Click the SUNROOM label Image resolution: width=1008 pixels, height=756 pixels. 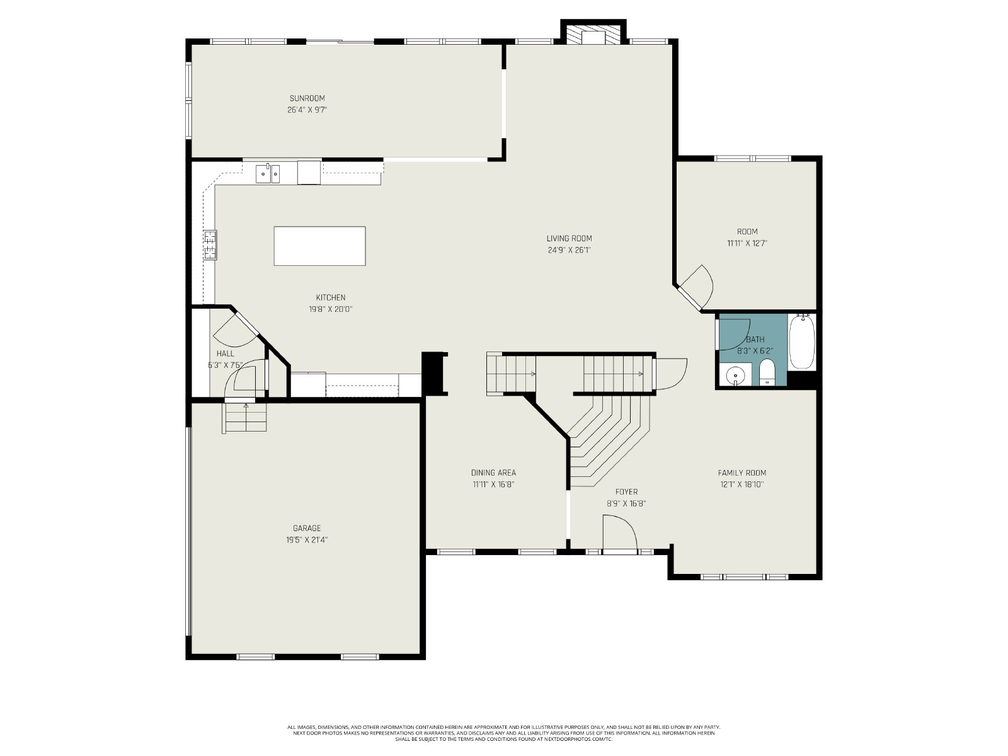tap(307, 98)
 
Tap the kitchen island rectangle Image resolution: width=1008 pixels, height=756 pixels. tap(319, 246)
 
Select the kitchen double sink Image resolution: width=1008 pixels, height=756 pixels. tap(268, 173)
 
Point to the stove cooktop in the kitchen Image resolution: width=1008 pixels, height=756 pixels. tap(210, 244)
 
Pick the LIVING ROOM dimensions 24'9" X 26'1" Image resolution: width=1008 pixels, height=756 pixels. tap(569, 250)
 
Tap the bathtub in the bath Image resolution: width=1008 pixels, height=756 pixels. tap(802, 341)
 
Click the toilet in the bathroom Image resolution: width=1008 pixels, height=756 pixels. tap(767, 372)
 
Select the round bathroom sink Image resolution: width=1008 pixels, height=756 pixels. tap(735, 376)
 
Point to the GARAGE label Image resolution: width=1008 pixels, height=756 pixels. tap(307, 529)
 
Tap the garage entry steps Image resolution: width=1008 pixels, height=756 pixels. tap(245, 417)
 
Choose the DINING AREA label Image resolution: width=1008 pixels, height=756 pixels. tap(493, 472)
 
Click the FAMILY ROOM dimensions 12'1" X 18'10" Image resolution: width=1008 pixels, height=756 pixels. tap(742, 484)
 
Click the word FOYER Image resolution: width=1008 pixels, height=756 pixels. tap(626, 491)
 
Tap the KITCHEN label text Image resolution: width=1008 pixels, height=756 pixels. tap(331, 297)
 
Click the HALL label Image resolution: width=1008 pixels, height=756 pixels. tap(225, 353)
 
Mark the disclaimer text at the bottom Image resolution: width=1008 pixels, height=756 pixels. tap(504, 733)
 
